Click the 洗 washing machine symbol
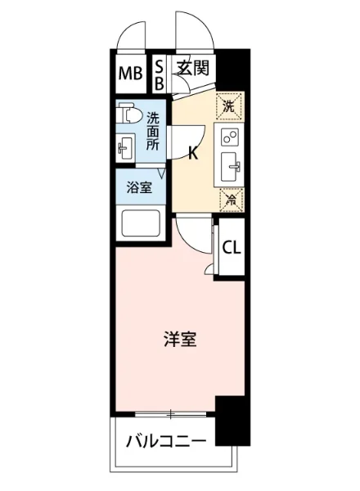(230, 106)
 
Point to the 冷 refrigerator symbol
(230, 197)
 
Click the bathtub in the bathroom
(140, 223)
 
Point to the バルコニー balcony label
(166, 443)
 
